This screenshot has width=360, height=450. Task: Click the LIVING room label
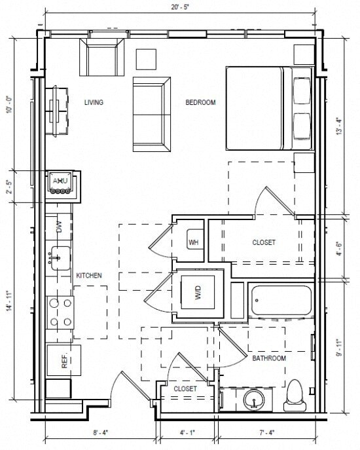click(94, 102)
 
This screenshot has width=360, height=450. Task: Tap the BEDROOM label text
click(200, 102)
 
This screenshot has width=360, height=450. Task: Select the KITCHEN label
click(88, 276)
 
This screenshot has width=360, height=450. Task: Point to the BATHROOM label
click(269, 358)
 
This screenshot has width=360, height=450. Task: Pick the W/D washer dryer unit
click(198, 294)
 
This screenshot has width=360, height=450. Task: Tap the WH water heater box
click(194, 242)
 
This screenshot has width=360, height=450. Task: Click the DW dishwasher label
click(59, 227)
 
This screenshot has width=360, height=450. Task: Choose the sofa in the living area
click(151, 114)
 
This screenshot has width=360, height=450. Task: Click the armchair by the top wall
click(101, 58)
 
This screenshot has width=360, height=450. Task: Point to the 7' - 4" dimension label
click(269, 433)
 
